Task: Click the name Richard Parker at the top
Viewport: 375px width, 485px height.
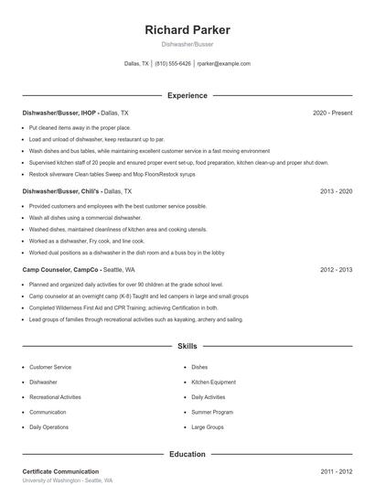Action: [187, 30]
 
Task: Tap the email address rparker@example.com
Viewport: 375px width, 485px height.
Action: [223, 64]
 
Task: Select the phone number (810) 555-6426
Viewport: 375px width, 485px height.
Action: [173, 64]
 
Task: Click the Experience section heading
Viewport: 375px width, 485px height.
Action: [187, 95]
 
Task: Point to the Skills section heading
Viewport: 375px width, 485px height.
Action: [187, 348]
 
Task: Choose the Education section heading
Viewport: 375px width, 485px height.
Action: [187, 454]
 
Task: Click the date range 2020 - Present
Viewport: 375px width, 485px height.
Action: [332, 113]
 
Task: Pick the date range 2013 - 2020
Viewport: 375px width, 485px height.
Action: [337, 192]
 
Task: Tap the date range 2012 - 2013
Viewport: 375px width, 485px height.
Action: [337, 271]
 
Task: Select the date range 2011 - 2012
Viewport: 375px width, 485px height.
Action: [337, 471]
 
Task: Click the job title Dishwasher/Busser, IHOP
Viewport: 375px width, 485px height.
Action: [59, 113]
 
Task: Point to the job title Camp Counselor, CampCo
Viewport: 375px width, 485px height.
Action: [60, 271]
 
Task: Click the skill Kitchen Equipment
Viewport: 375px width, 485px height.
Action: [213, 382]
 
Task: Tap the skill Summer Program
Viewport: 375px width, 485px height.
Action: [210, 412]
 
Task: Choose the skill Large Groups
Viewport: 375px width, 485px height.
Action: [208, 427]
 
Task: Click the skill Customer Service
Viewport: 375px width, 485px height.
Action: [49, 367]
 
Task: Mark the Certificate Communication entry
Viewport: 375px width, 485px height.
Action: [60, 471]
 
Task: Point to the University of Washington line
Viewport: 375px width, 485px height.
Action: [68, 480]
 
